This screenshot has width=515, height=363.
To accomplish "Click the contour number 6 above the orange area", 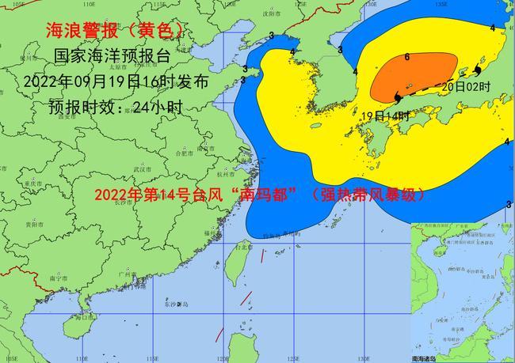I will coord(406,58).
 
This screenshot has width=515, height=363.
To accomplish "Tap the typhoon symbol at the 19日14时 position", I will coord(395,97).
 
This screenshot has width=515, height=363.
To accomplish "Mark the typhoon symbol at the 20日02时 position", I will coord(477,71).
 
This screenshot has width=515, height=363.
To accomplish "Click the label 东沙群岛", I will coord(174,304).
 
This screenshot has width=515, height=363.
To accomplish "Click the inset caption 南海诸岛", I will coord(429,357).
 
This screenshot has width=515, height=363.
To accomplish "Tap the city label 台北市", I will coord(241,247).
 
